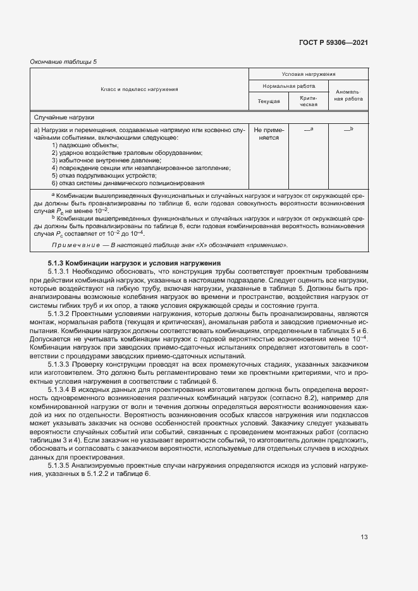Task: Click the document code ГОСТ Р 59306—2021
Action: pos(333,42)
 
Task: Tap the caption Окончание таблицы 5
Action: pos(64,61)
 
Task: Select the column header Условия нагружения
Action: pos(309,75)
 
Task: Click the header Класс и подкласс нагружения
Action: pos(139,89)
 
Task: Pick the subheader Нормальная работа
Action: pos(289,85)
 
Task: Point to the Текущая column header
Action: pos(269,101)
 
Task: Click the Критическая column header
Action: pos(308,101)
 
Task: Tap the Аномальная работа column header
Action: pos(348,95)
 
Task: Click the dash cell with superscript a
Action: pos(309,129)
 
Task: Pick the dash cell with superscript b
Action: pos(348,129)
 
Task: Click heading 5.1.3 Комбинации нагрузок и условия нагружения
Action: pos(134,263)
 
